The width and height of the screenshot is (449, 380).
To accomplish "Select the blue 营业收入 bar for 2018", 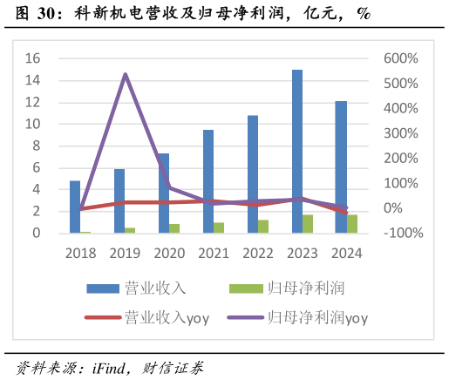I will coord(75,207).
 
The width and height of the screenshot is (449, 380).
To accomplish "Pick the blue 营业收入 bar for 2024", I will coord(342,166).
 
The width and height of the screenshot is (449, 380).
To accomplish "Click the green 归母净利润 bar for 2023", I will coord(308,224).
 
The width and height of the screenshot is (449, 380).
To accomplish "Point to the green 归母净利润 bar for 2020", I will coord(174,228).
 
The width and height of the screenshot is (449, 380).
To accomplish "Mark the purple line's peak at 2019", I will coord(125,74).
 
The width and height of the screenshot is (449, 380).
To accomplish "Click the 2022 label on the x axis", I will coord(257,252).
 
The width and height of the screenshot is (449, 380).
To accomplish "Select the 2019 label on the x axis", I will coord(125,252).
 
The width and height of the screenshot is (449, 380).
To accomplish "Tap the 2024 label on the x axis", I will coord(346,252).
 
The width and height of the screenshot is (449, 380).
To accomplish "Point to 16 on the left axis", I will coord(33,58).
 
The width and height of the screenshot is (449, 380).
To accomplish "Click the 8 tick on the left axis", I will coord(37,146).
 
